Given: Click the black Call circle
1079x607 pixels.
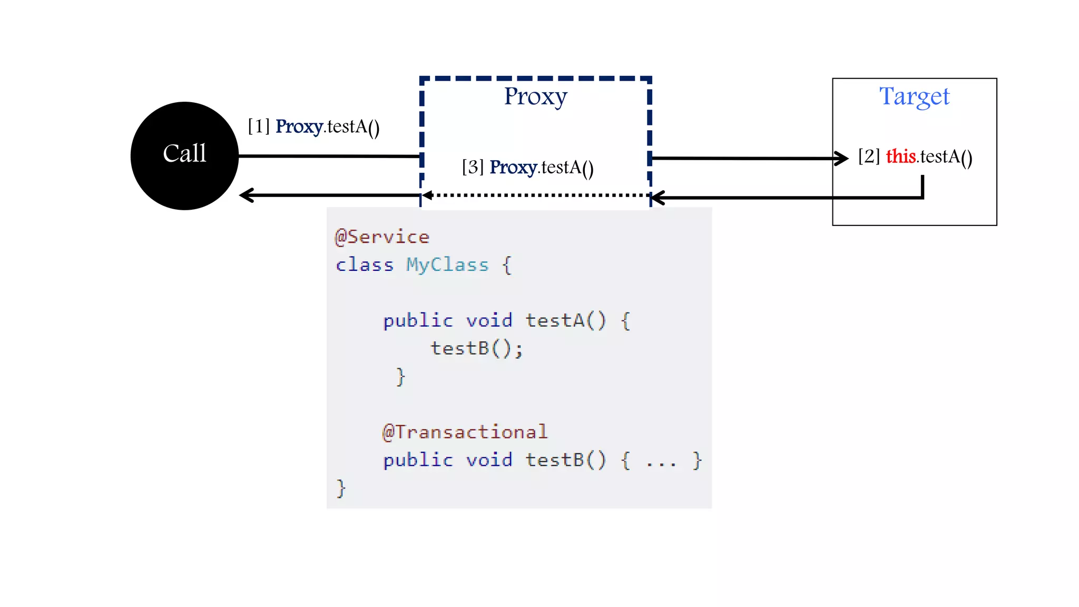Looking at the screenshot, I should (184, 156).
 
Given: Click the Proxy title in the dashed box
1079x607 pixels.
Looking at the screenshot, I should (535, 97).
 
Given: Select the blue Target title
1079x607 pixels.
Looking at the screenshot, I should (914, 97).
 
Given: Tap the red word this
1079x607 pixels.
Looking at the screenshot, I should (900, 156).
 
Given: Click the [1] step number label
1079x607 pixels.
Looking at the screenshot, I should (259, 126).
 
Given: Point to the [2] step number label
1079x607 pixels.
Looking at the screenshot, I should (869, 156).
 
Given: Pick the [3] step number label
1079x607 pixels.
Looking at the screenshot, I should (473, 167).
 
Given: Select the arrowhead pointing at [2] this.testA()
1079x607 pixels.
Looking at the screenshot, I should (842, 158).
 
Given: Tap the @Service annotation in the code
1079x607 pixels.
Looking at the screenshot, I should (382, 237).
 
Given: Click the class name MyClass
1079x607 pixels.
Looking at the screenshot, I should (447, 265).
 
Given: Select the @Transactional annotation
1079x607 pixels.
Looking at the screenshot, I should (465, 432).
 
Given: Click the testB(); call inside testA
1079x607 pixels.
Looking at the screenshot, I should (476, 348).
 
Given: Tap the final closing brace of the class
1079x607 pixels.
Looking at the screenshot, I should (341, 488).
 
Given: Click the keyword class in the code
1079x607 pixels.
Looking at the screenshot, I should (365, 265).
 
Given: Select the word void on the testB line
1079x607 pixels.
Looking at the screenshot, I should (489, 460).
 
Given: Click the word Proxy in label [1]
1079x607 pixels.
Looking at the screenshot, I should (299, 127).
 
